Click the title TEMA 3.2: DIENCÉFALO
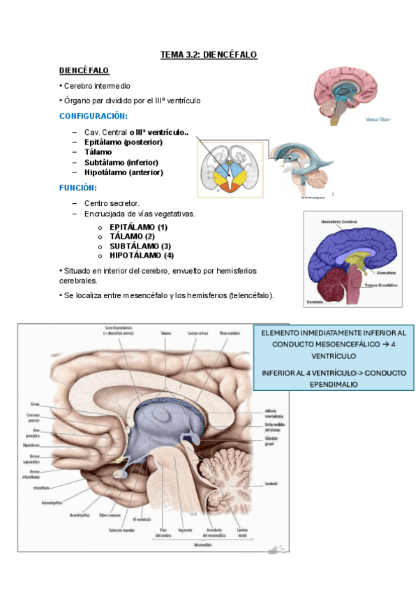(209, 54)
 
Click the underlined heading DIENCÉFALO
(84, 71)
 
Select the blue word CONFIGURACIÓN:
(93, 115)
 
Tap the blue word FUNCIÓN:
(77, 188)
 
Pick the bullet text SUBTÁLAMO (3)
(140, 246)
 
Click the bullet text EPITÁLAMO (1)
(138, 227)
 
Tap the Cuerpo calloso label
(197, 334)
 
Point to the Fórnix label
(36, 404)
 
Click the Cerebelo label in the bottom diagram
(271, 484)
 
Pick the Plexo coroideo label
(227, 334)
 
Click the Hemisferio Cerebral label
(339, 221)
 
